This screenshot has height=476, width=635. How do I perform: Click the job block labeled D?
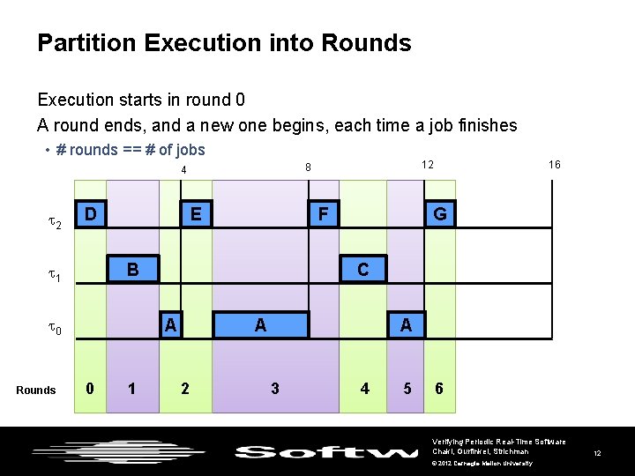[x=91, y=214]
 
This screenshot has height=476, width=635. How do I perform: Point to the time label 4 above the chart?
[x=183, y=170]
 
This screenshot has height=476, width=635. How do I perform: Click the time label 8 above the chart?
[x=307, y=167]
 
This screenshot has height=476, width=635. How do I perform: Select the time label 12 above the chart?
[x=427, y=165]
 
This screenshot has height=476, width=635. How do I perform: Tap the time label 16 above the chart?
[x=554, y=165]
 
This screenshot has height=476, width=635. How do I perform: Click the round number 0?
[x=89, y=389]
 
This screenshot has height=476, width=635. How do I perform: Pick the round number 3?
[x=275, y=389]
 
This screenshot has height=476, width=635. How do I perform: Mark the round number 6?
[x=439, y=389]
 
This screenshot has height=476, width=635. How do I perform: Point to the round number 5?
[x=407, y=389]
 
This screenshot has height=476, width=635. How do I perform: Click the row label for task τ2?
[x=54, y=225]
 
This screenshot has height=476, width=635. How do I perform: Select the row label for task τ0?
[x=54, y=330]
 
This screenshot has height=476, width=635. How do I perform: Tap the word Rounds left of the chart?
[x=36, y=390]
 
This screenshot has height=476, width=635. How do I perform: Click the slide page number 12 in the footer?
[x=597, y=453]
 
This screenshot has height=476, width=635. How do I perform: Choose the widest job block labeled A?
[x=260, y=324]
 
